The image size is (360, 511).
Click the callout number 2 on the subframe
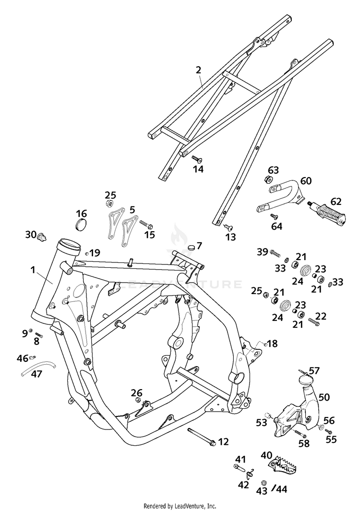coord(198,70)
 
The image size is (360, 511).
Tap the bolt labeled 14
coord(197,158)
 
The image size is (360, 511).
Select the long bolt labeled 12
coord(201,436)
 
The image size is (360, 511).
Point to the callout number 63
coord(273,170)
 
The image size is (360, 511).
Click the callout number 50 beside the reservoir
coord(324,397)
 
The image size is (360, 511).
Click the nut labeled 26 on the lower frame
coord(137,400)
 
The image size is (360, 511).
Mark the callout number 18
coord(273,344)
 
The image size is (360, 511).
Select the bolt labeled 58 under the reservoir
coord(300,434)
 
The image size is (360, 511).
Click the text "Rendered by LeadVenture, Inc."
coord(180,506)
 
